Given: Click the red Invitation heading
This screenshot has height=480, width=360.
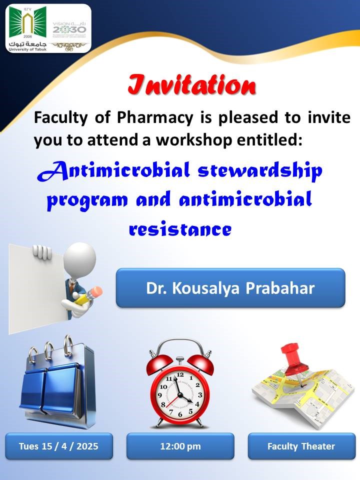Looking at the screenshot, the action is click(x=192, y=85).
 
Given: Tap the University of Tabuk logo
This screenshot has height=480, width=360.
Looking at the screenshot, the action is click(x=27, y=29).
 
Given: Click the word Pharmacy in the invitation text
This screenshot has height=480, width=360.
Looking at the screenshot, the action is click(x=155, y=117).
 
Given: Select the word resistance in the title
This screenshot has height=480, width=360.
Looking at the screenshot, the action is click(x=180, y=229).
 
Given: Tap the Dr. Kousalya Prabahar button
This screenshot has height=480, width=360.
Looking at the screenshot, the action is click(x=230, y=288).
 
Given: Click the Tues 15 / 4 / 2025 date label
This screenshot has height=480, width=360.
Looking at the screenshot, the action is click(x=59, y=446).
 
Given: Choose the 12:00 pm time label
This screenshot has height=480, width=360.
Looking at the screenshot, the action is click(x=180, y=446).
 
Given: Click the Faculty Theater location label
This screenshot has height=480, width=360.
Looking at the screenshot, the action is click(x=301, y=446).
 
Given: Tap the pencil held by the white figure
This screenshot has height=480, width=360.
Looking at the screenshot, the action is click(x=87, y=295).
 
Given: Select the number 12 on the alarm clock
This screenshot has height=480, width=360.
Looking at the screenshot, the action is click(x=180, y=374).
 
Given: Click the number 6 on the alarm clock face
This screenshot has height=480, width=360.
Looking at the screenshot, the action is click(x=180, y=414).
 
